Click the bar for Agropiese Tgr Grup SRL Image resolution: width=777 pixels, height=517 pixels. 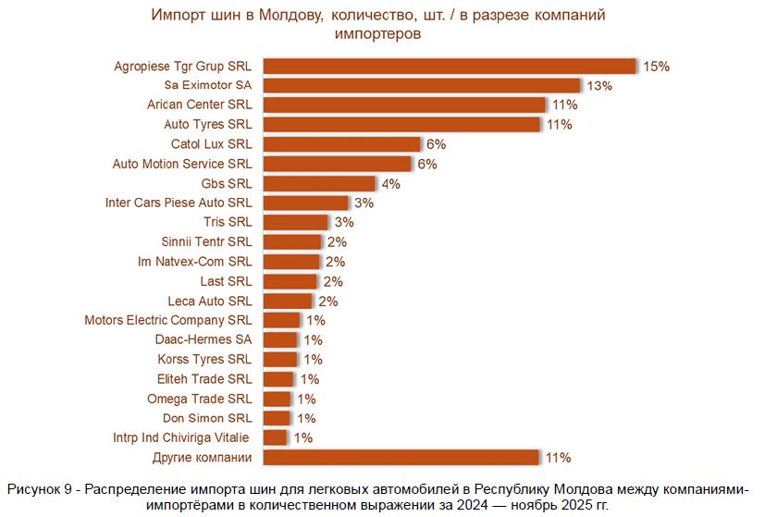point(450,66)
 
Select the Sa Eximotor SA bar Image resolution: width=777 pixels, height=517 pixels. point(422,85)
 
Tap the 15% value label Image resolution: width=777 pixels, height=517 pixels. point(656,67)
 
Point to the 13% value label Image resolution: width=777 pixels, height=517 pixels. point(599,86)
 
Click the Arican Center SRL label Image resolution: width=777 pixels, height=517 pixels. point(199,105)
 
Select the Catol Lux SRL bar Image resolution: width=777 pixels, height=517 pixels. point(342,144)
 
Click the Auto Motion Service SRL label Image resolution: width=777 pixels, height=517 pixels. point(182,164)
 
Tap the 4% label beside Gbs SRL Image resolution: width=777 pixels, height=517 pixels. point(390,184)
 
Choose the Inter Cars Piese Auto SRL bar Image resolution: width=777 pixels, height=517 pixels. point(306,203)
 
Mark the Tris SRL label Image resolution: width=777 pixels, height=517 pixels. point(228,222)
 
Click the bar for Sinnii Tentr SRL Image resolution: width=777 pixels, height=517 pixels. point(292,241)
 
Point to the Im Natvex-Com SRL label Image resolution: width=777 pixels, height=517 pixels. point(194,262)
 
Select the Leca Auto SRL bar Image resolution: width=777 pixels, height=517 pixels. point(288,301)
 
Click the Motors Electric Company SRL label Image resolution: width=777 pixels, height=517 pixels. point(168,320)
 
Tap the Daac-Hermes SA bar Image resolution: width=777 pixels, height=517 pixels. point(281,340)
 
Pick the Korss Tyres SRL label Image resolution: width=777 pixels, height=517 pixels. point(205,359)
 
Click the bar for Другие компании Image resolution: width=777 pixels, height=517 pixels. point(401,457)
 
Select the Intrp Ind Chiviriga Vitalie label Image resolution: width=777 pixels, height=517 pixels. point(182,437)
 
